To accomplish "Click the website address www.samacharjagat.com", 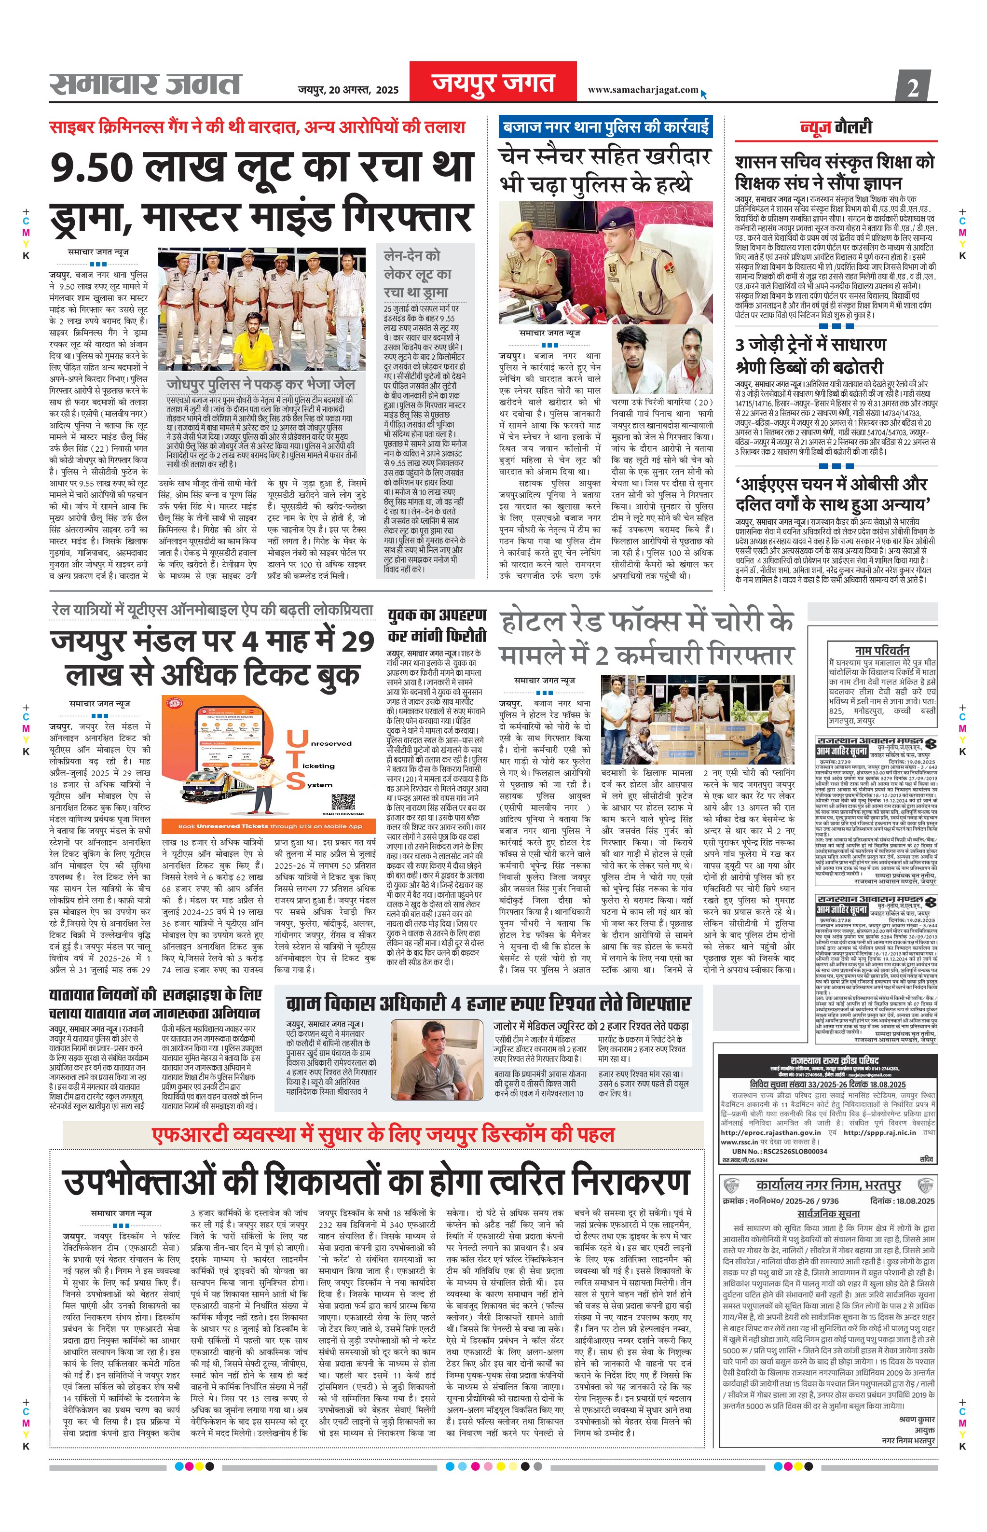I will tap(643, 90).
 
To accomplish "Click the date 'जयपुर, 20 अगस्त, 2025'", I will tap(348, 90).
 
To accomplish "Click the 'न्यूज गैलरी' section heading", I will tap(836, 127).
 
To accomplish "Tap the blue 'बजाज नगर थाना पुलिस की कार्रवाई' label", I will tap(606, 126).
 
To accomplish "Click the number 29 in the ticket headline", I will tap(356, 641).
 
